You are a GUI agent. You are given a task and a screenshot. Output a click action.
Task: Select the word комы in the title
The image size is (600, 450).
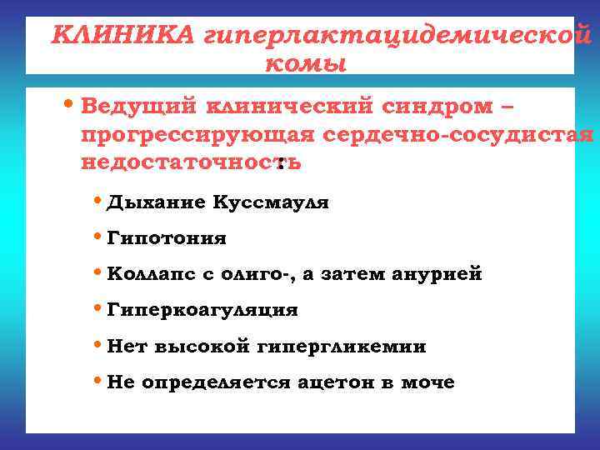[x=305, y=63]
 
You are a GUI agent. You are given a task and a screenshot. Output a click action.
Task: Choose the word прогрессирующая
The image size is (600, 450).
[x=197, y=135]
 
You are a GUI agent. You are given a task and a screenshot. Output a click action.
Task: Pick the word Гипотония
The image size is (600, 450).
[x=167, y=238]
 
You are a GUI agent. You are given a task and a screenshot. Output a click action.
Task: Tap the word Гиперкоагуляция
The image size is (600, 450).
[x=202, y=310]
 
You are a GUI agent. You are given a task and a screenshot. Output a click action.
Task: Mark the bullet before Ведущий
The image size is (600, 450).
[x=70, y=107]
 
